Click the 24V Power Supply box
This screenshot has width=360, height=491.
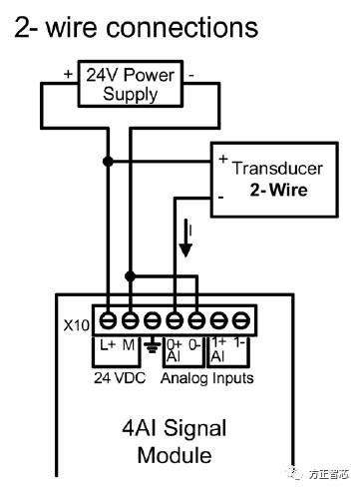coord(130,86)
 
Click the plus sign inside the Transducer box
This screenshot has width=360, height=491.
coord(222,160)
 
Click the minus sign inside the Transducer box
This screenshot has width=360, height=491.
coord(222,198)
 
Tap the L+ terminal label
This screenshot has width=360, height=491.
coord(108,344)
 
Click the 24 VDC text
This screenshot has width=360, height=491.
coord(117,378)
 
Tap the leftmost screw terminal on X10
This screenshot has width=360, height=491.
coord(107,321)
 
